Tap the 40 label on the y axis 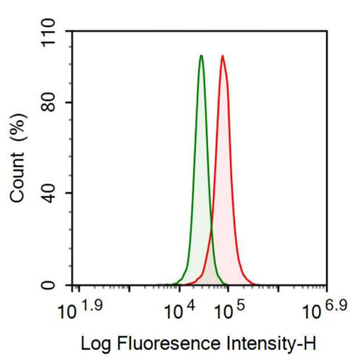coord(51,193)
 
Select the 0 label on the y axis coord(57,285)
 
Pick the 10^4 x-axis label coord(182,309)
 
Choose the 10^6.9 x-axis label coord(323,309)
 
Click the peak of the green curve coord(201,56)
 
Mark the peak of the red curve coord(222,56)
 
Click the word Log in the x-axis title coord(95,344)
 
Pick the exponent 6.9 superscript coord(334,304)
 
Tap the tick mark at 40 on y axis coord(69,193)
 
